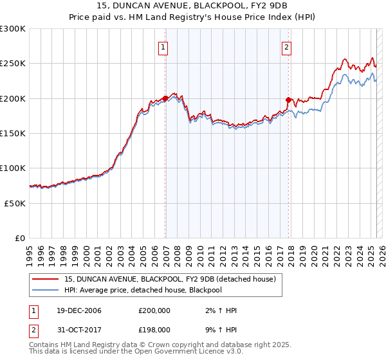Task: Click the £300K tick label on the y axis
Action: coord(13,29)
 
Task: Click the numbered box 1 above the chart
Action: coord(163,46)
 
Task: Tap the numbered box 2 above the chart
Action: coord(286,46)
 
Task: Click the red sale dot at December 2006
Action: coord(165,98)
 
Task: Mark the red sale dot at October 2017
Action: coord(289,100)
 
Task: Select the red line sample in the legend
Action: coord(45,279)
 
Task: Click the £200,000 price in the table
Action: coord(155,311)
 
